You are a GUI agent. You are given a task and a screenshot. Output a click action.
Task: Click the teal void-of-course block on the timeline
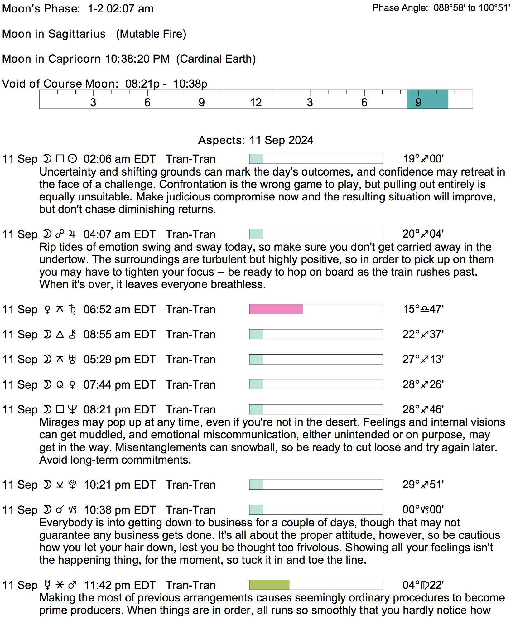pyautogui.click(x=427, y=99)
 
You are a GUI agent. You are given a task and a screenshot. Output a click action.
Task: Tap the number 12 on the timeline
pyautogui.click(x=256, y=102)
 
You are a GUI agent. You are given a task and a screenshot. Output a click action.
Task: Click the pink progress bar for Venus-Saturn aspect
pyautogui.click(x=276, y=309)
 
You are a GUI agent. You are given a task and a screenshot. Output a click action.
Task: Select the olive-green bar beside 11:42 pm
pyautogui.click(x=269, y=585)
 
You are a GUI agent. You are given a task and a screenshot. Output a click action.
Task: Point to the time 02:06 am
pyautogui.click(x=104, y=159)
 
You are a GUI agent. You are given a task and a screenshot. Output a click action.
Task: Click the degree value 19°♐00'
pyautogui.click(x=423, y=159)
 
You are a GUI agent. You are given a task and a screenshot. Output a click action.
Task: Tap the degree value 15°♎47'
pyautogui.click(x=423, y=309)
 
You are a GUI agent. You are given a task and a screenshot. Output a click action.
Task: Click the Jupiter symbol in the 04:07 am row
pyautogui.click(x=72, y=234)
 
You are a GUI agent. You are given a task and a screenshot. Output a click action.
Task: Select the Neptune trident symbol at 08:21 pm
pyautogui.click(x=72, y=409)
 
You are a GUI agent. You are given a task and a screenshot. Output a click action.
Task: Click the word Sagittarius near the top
pyautogui.click(x=77, y=34)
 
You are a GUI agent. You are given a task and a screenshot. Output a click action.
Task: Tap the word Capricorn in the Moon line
pyautogui.click(x=75, y=59)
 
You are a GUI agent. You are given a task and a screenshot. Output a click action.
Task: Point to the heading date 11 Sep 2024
pyautogui.click(x=281, y=140)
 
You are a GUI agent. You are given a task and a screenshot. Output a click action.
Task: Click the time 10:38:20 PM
pyautogui.click(x=137, y=59)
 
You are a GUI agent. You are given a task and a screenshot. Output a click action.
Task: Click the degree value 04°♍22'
pyautogui.click(x=423, y=585)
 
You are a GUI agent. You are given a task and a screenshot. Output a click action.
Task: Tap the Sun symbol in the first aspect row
pyautogui.click(x=72, y=159)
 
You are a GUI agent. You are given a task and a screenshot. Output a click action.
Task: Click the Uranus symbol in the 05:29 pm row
pyautogui.click(x=72, y=360)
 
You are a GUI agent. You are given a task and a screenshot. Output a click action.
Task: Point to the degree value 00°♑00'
pyautogui.click(x=423, y=509)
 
